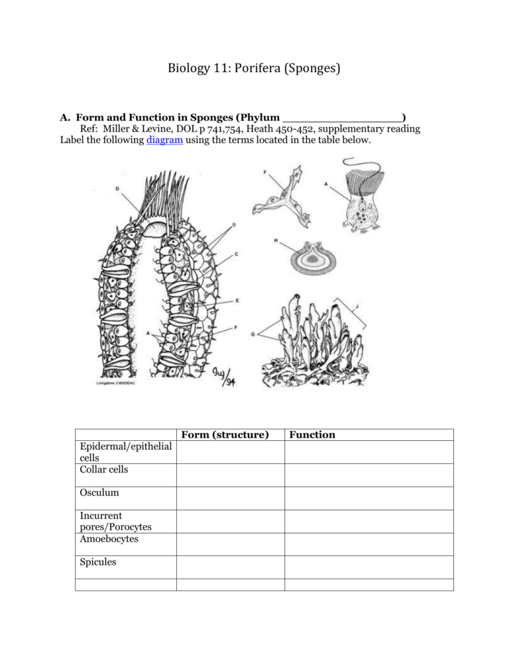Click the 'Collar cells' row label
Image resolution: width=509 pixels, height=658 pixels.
pyautogui.click(x=101, y=469)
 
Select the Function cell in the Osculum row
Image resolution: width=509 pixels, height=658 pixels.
pyautogui.click(x=368, y=498)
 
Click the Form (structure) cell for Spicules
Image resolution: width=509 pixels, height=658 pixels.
pyautogui.click(x=230, y=567)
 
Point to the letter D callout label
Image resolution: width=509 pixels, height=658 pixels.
pyautogui.click(x=117, y=189)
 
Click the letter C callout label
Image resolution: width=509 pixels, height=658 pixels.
pyautogui.click(x=237, y=254)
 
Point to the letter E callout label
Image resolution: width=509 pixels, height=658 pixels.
pyautogui.click(x=237, y=301)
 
